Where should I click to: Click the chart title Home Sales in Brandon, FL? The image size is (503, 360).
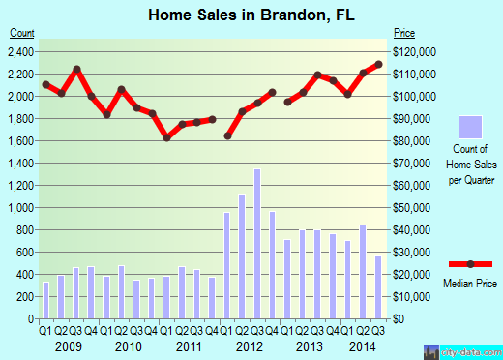coord(251,15)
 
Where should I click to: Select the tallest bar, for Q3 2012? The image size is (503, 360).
coord(257,244)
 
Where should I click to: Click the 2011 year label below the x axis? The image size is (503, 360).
coord(189,345)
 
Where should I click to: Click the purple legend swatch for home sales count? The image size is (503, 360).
coord(470,127)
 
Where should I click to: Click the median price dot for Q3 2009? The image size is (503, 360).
coord(75,70)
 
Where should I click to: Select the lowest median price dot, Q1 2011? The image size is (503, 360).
coord(166,137)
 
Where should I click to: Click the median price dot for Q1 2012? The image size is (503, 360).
coord(227,135)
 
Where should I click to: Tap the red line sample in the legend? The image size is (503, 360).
coord(470,264)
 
